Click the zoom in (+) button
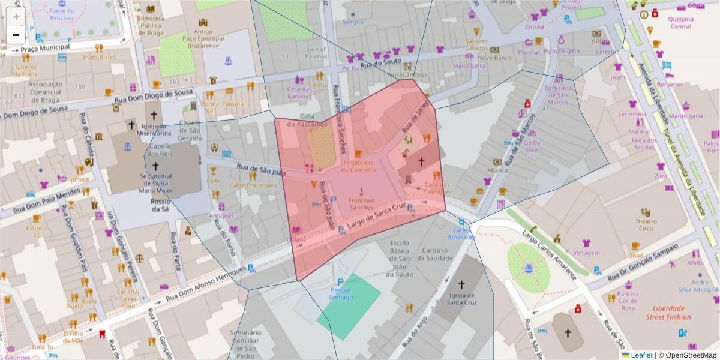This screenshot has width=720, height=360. (16, 16)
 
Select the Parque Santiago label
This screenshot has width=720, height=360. (340, 292)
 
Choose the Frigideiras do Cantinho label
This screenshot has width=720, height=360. (359, 166)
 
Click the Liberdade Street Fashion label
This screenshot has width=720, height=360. (668, 313)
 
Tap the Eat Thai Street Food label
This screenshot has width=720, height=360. (128, 298)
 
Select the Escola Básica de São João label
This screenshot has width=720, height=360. (400, 258)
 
